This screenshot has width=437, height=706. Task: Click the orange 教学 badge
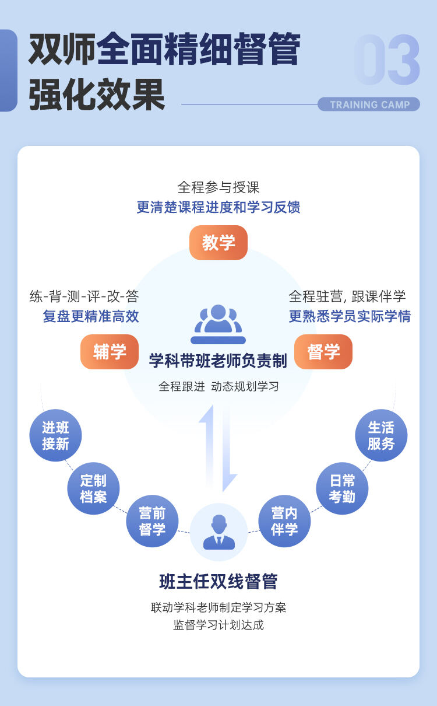218,243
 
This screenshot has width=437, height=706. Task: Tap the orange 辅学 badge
110,352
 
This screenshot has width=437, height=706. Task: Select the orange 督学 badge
323,352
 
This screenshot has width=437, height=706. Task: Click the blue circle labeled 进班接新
55,435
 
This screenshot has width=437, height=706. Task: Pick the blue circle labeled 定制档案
93,488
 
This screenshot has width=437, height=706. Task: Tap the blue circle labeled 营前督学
152,521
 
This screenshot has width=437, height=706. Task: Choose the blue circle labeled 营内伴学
284,521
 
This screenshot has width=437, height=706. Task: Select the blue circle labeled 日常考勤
342,488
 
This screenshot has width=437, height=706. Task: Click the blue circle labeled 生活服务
381,435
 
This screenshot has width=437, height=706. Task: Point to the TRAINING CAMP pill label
369,104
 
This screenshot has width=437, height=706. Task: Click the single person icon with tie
219,532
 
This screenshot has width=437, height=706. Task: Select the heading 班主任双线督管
218,581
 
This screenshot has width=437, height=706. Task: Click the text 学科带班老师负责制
218,361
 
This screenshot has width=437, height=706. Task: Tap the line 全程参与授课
218,187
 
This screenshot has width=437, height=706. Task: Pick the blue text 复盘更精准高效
91,316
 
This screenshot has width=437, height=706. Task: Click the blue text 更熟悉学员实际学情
350,316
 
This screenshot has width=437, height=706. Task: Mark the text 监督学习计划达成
218,625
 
